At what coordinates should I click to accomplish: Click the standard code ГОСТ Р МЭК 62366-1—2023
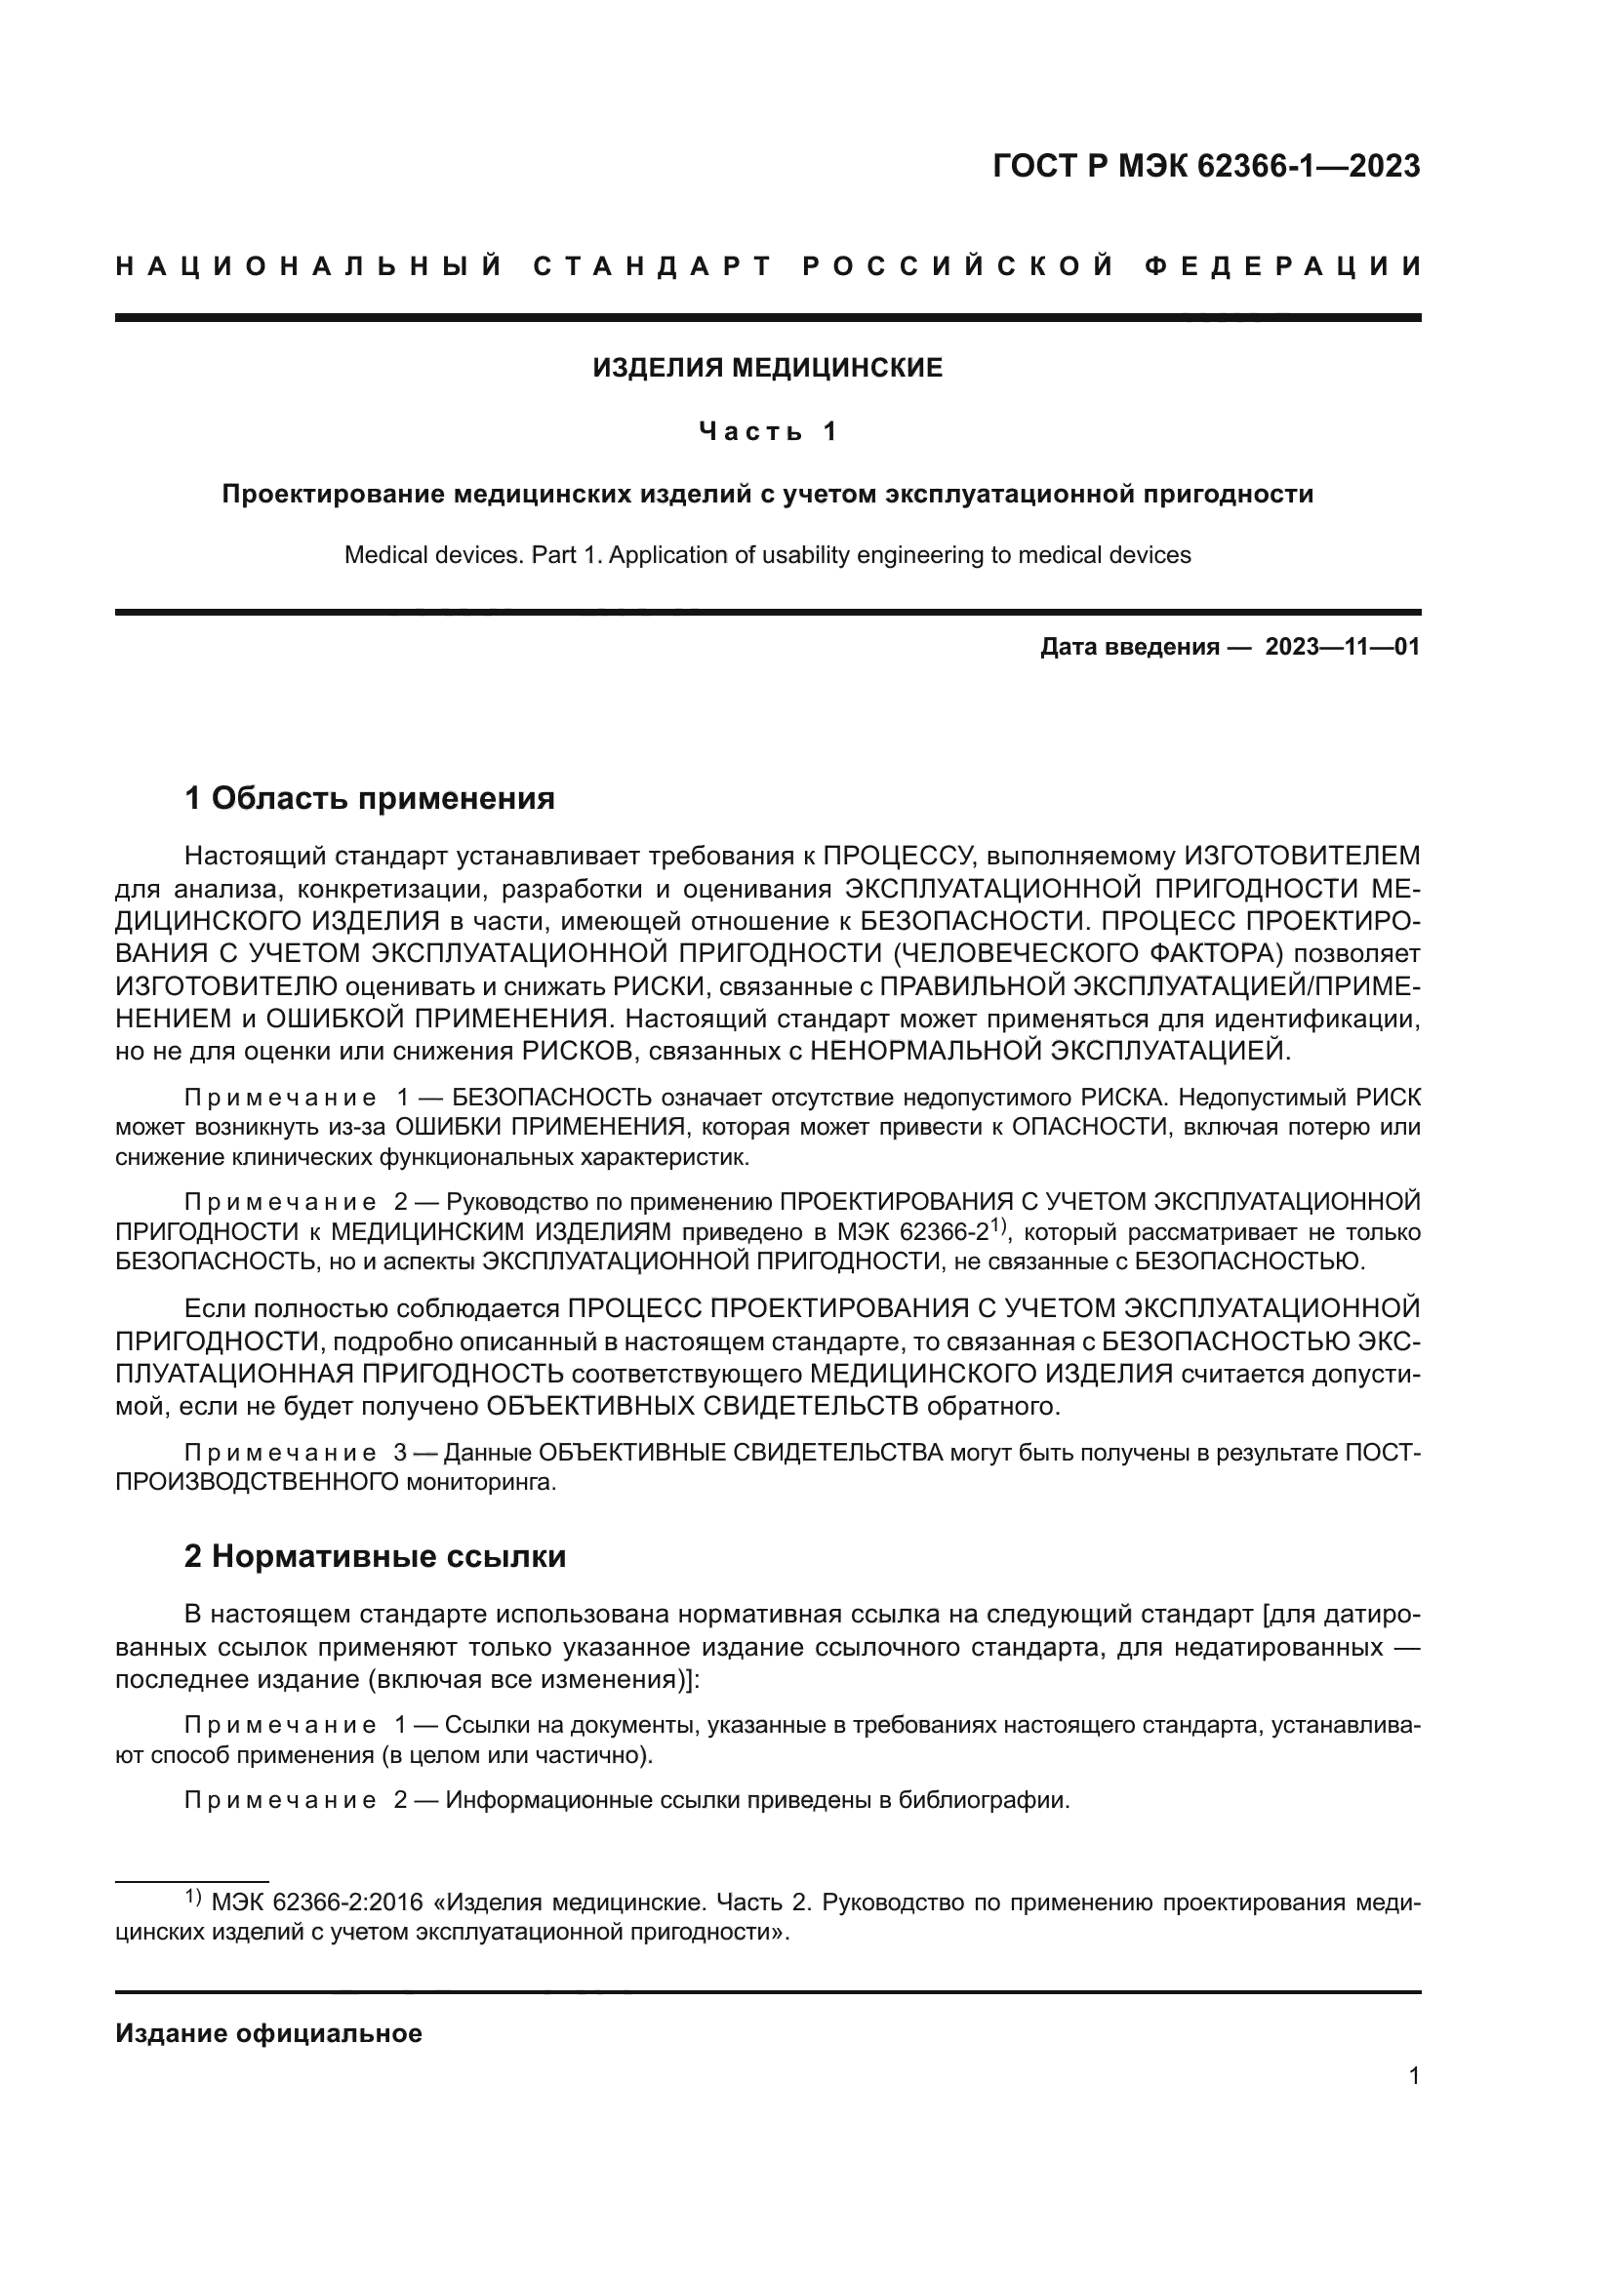pyautogui.click(x=1205, y=166)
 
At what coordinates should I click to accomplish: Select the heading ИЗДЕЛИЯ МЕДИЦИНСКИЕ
pyautogui.click(x=767, y=369)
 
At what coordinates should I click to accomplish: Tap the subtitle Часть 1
pyautogui.click(x=768, y=431)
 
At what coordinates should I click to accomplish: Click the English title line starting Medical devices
pyautogui.click(x=767, y=554)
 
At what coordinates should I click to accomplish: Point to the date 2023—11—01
pyautogui.click(x=1342, y=648)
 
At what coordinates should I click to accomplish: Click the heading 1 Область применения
pyautogui.click(x=370, y=797)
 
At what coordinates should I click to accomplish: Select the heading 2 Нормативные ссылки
pyautogui.click(x=375, y=1556)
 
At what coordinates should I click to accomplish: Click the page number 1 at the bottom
pyautogui.click(x=1413, y=2075)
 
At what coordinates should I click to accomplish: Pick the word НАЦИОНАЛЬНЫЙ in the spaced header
pyautogui.click(x=309, y=266)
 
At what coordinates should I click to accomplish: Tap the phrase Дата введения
pyautogui.click(x=1129, y=648)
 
